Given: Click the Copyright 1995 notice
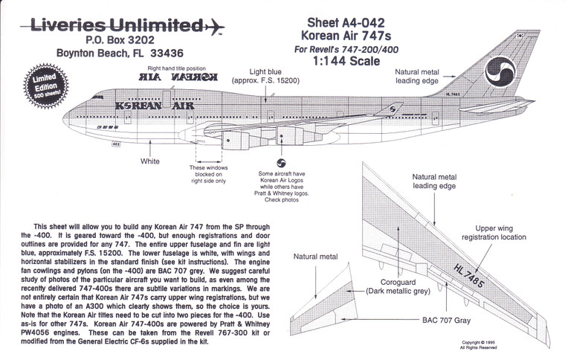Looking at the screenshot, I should tap(519, 344).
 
